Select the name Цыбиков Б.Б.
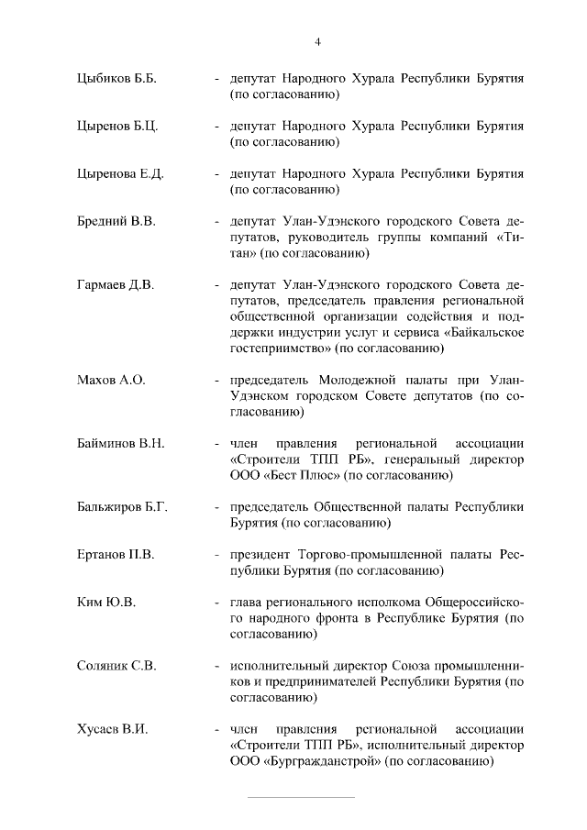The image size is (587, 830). [117, 79]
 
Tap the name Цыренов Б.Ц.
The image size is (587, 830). [118, 127]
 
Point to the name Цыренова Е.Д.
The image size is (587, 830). [120, 174]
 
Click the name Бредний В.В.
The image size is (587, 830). [116, 222]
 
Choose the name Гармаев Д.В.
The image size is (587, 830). [116, 285]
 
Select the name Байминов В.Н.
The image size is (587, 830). [121, 443]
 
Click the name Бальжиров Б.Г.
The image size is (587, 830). [123, 506]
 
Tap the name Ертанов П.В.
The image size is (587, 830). [116, 555]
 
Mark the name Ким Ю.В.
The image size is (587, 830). [106, 603]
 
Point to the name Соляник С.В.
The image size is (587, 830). [116, 666]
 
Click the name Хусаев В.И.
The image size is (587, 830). [113, 729]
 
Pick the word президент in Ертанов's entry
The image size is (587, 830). [260, 555]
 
